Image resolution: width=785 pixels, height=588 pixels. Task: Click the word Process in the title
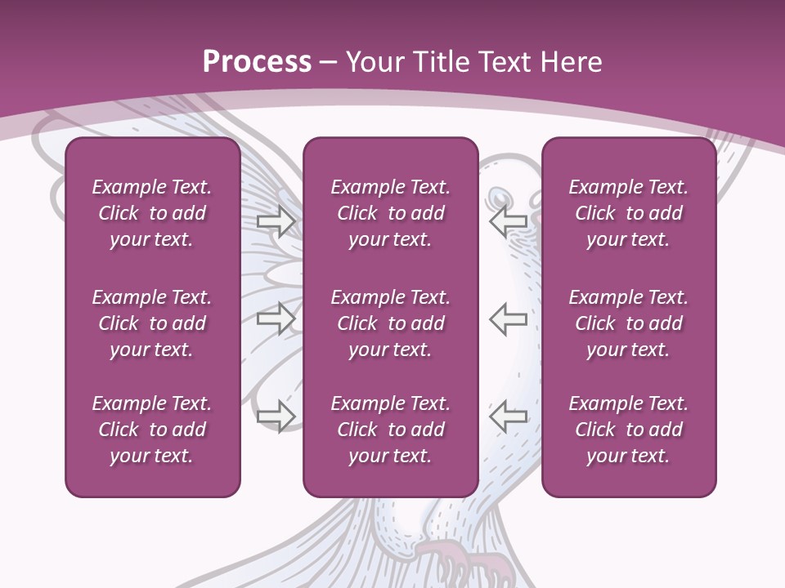point(257,61)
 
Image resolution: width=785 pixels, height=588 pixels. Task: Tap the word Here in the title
point(568,61)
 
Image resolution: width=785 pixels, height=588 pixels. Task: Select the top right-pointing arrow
point(276,221)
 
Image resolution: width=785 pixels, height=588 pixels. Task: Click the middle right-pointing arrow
point(276,318)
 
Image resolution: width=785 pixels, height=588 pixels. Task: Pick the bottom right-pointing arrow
point(276,416)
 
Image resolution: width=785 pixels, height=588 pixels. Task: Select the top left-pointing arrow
point(508,221)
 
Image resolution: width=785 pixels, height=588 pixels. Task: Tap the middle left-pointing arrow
point(508,318)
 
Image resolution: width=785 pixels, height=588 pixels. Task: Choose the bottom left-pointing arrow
point(508,416)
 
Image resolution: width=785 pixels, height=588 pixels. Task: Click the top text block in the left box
point(152,213)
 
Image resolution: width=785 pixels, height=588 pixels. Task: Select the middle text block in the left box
point(152,323)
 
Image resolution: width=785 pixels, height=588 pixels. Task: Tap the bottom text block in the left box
point(152,430)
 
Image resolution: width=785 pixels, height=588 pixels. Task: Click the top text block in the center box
point(391,213)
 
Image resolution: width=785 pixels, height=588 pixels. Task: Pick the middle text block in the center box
point(391,323)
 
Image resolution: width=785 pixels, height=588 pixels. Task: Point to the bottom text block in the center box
point(391,430)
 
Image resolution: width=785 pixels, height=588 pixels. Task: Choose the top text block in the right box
point(629,213)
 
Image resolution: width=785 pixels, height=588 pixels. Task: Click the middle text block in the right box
point(629,323)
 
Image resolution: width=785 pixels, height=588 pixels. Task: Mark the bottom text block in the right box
point(629,430)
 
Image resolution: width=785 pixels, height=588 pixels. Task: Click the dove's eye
point(499,197)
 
